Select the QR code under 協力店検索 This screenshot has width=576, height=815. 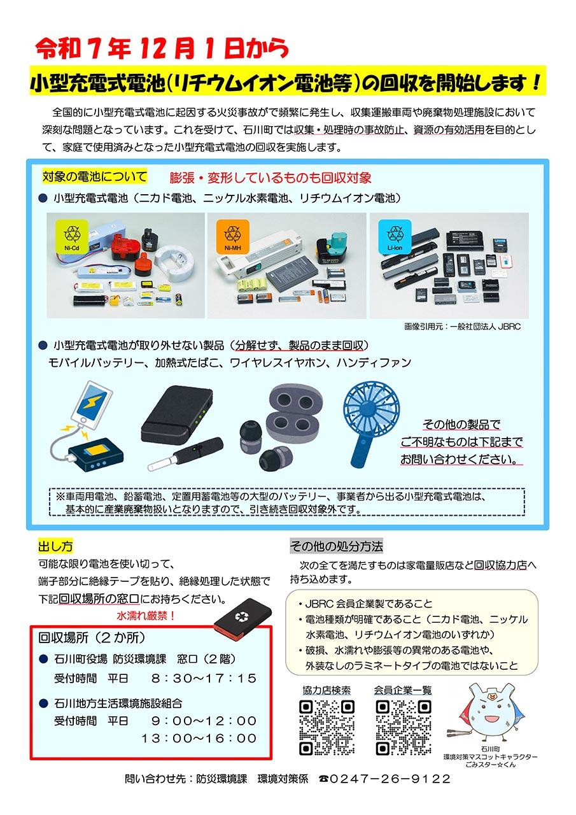[326, 726]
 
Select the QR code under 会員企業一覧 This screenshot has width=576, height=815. [403, 726]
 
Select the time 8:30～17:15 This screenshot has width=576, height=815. [203, 677]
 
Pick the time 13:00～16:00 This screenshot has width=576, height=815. [199, 738]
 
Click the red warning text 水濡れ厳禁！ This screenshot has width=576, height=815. [146, 616]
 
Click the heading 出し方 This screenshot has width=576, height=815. [55, 546]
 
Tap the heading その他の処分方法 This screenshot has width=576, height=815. [336, 546]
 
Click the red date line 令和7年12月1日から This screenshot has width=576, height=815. [162, 48]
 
